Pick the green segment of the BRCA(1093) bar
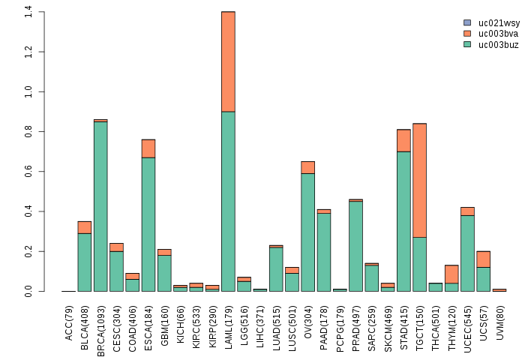[x=100, y=206]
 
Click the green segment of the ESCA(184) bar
[x=148, y=224]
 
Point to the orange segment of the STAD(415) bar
[x=403, y=140]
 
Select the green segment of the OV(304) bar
[x=307, y=232]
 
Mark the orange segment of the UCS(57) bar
[x=483, y=259]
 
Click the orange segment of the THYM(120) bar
[x=451, y=274]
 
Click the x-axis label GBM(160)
[x=164, y=321]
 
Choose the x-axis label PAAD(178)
[x=324, y=321]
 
